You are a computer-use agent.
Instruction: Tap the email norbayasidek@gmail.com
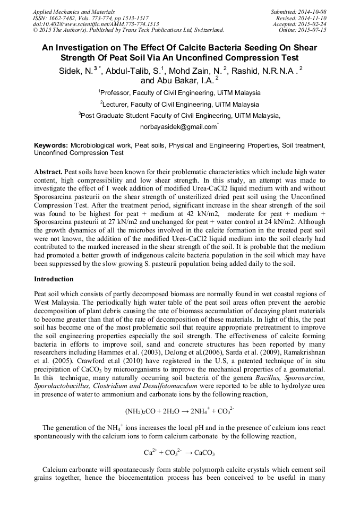178,127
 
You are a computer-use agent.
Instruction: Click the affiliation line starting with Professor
179,92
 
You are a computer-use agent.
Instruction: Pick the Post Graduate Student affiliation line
179,115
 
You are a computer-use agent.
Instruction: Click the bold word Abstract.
48,172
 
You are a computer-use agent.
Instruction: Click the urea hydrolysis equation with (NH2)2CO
179,411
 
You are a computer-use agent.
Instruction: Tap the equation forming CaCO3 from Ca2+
179,453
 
